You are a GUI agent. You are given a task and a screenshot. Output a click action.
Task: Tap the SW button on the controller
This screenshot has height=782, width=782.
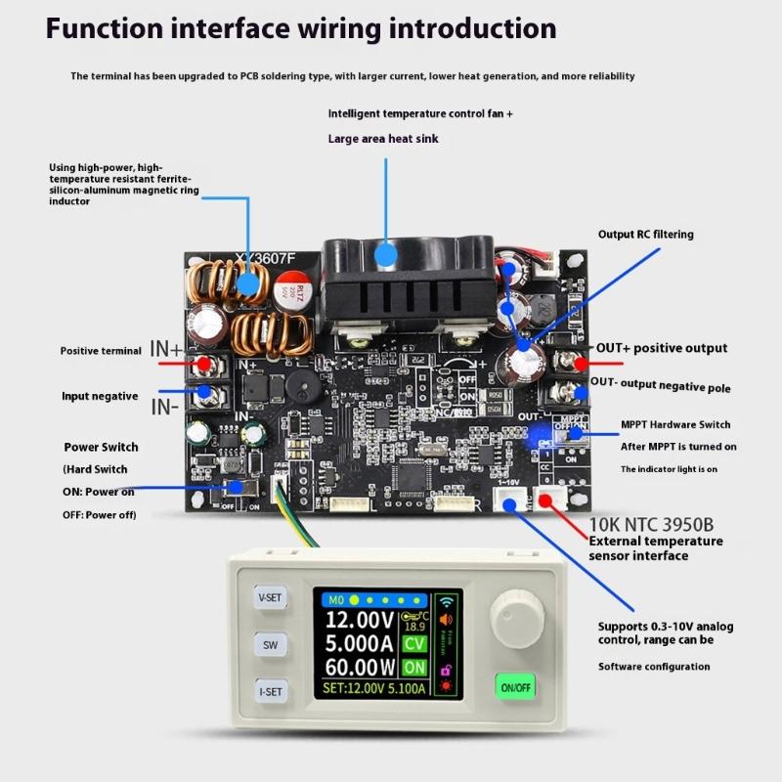[270, 645]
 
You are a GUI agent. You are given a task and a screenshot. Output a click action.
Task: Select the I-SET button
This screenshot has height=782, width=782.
[270, 692]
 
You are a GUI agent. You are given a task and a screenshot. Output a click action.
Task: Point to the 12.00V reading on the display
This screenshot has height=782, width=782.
[359, 620]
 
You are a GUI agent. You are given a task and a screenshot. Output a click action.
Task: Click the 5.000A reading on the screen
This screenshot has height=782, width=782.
[359, 643]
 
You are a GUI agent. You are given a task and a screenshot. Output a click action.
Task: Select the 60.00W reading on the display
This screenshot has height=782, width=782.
[359, 668]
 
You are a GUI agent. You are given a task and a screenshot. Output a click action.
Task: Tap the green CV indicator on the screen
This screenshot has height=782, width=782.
[415, 643]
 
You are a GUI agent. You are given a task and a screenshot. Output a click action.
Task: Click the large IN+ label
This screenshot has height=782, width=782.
[166, 349]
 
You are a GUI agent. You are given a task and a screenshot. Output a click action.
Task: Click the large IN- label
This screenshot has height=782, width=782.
[164, 406]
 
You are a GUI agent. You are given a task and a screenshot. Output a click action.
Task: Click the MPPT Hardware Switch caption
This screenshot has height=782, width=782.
[675, 424]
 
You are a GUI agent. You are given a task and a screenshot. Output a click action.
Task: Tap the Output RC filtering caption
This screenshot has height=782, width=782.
[645, 235]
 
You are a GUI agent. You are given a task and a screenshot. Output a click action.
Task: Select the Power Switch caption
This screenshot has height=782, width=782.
[101, 447]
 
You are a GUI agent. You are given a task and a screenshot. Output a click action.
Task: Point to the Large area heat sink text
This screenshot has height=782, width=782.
[383, 139]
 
